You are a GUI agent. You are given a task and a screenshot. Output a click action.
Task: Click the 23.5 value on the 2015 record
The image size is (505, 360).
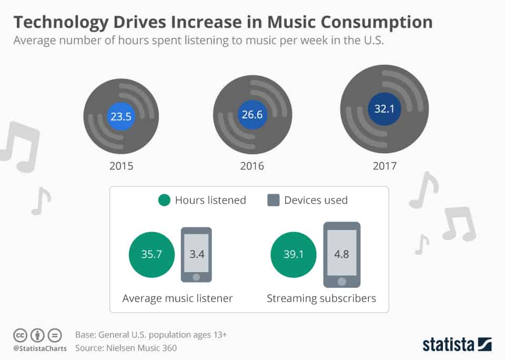pyautogui.click(x=121, y=117)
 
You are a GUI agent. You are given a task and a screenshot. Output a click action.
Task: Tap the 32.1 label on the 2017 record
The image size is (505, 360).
pyautogui.click(x=384, y=108)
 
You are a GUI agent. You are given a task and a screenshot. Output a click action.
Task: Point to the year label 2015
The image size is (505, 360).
pyautogui.click(x=121, y=166)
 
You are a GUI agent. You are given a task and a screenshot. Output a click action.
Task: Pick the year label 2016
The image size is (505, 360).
pyautogui.click(x=251, y=166)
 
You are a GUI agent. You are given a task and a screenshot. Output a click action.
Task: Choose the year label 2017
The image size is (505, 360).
pyautogui.click(x=384, y=166)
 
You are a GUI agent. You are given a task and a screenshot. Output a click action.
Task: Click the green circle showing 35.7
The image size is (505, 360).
pyautogui.click(x=151, y=254)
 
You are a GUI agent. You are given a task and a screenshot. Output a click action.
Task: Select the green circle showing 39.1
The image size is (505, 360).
pyautogui.click(x=294, y=254)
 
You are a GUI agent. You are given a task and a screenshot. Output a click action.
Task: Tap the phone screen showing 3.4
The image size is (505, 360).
pyautogui.click(x=197, y=254)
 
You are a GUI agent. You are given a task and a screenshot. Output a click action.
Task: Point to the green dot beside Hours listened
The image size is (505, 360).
pyautogui.click(x=164, y=200)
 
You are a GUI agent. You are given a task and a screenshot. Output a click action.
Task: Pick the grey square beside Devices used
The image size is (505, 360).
pyautogui.click(x=274, y=200)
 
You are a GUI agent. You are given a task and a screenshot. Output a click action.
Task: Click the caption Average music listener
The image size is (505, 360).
pyautogui.click(x=177, y=298)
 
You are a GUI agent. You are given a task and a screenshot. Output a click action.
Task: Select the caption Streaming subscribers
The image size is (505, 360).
pyautogui.click(x=321, y=298)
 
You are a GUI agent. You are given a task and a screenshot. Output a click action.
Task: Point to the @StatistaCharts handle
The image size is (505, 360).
pyautogui.click(x=40, y=348)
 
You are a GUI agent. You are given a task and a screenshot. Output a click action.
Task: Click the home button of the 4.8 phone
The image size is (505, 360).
pyautogui.click(x=342, y=279)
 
